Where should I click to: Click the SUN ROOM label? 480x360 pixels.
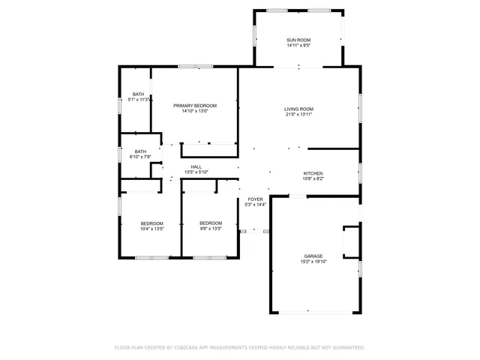pos(298,40)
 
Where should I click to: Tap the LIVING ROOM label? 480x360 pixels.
pos(298,109)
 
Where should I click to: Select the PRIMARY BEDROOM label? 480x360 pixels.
pos(195,106)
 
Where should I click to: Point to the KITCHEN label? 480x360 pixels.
pos(313,173)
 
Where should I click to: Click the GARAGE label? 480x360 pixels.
pos(313,256)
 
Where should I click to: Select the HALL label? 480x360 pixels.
pos(196,166)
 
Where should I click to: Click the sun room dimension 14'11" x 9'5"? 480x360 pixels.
pos(298,46)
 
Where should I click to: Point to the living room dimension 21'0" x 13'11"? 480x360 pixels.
pos(298,115)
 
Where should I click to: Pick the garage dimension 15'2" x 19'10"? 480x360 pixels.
pos(313,262)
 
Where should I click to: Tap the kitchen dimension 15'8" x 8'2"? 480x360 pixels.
pos(313,179)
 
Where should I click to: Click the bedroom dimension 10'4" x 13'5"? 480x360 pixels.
pos(152,229)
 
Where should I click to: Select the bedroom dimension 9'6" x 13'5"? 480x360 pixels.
pos(211,229)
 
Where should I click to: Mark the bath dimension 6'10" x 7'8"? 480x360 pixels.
pos(141,157)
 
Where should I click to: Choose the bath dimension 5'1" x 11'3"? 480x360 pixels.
pos(139,99)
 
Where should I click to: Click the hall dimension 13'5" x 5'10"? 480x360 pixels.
pos(196,172)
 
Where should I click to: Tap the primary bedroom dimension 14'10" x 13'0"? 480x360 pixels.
pos(195,112)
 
